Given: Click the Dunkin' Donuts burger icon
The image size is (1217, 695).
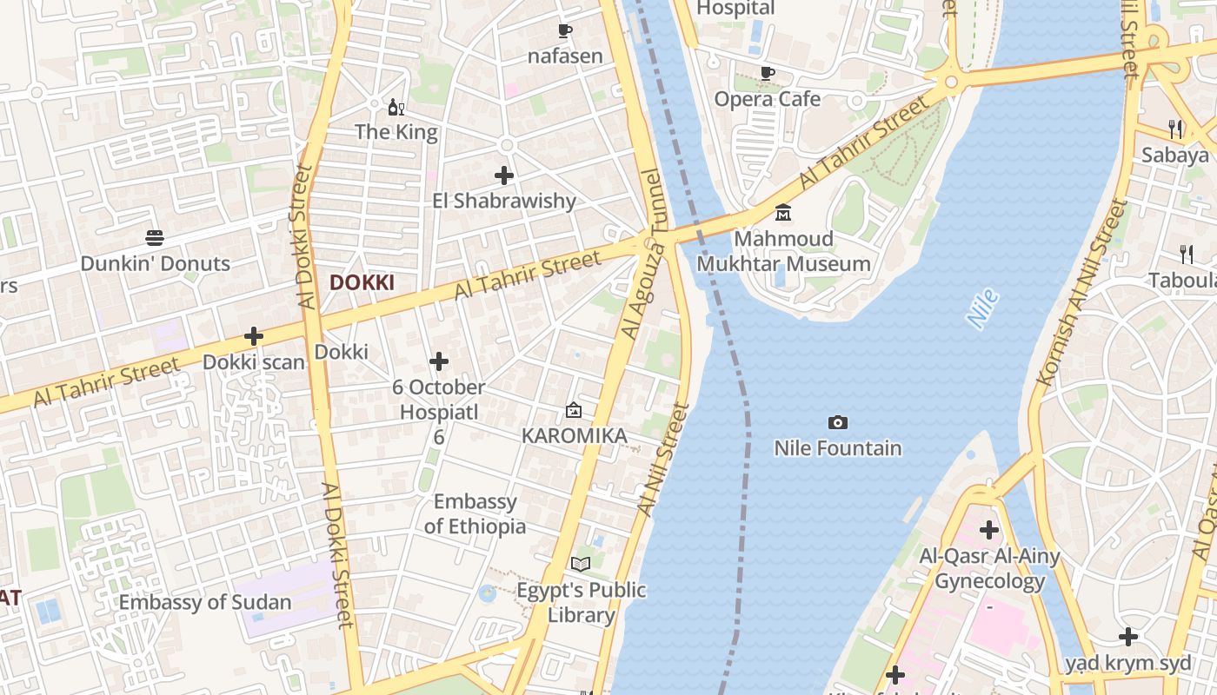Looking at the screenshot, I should point(155,237).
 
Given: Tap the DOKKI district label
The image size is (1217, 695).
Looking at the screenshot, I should point(362,282).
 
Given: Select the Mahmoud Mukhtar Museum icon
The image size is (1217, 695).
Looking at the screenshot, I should point(783,213).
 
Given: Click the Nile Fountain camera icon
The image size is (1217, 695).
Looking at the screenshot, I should point(838,423).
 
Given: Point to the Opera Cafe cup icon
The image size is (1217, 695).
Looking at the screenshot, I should point(767,73).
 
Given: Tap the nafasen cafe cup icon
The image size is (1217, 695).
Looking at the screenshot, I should point(564,31).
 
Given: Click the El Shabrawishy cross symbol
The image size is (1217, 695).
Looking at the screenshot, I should point(504,175).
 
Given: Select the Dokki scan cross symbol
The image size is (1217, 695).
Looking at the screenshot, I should point(254,336).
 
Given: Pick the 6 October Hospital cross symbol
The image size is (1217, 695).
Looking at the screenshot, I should point(439,361).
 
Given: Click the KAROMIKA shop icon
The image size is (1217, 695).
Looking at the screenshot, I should point(574,410).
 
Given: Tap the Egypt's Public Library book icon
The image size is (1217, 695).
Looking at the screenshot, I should point(581,565).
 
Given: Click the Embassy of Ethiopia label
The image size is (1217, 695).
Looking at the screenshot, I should point(475,513).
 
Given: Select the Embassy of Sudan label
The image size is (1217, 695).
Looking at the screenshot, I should point(205,602).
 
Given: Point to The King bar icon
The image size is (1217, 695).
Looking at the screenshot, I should point(396,107).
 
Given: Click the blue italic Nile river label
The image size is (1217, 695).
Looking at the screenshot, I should point(983,309).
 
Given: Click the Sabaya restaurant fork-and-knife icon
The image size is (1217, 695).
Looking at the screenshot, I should point(1175,129).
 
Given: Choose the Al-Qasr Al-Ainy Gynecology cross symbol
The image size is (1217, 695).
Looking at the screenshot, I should point(988,529).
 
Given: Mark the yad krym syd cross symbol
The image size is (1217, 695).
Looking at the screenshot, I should point(1128,637).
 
